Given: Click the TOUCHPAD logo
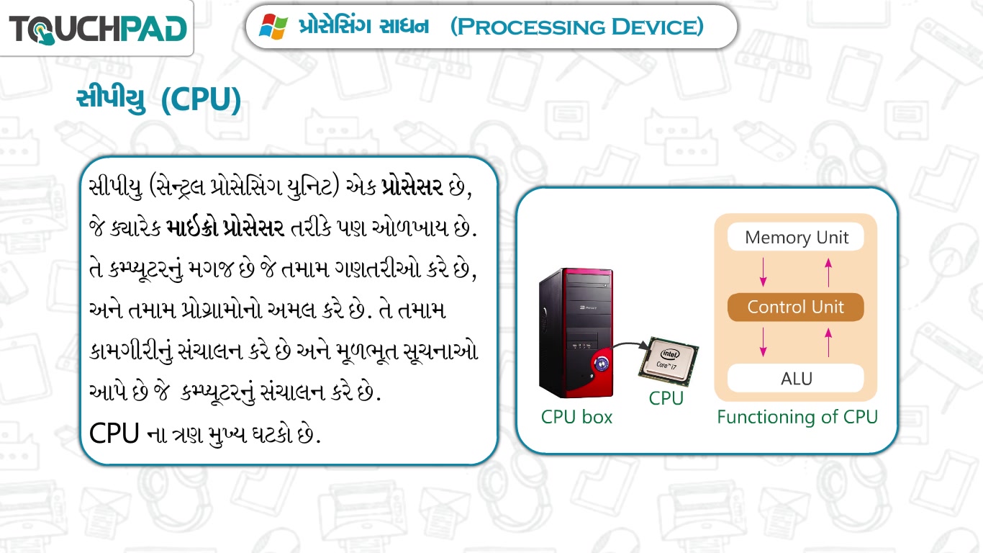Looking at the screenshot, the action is (98, 30).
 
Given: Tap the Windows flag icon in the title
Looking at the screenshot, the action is (273, 27).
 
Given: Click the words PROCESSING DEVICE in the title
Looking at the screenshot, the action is (576, 27).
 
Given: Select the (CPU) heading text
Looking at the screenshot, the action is (201, 99).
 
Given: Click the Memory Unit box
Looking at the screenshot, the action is (796, 237).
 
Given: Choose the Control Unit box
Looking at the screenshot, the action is (796, 307).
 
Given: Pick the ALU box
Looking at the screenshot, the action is (796, 378).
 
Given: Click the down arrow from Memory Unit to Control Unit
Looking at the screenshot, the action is (763, 272).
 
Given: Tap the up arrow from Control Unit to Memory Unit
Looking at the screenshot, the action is (828, 272).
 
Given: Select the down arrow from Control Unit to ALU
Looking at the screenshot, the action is (763, 342).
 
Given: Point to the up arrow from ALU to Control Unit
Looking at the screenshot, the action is (828, 342).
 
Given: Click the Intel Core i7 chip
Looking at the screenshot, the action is (668, 361).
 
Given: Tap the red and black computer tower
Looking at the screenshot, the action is (576, 333).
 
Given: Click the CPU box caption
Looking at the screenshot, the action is (576, 417).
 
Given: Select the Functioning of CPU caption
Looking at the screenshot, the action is (797, 417).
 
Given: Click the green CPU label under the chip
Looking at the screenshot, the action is (666, 398).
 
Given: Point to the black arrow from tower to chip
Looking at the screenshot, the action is (630, 345).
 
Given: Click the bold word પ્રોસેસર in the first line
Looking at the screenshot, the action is (412, 187).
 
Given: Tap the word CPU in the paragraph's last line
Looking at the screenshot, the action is (114, 433).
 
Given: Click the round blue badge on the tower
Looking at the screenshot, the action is (601, 364).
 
